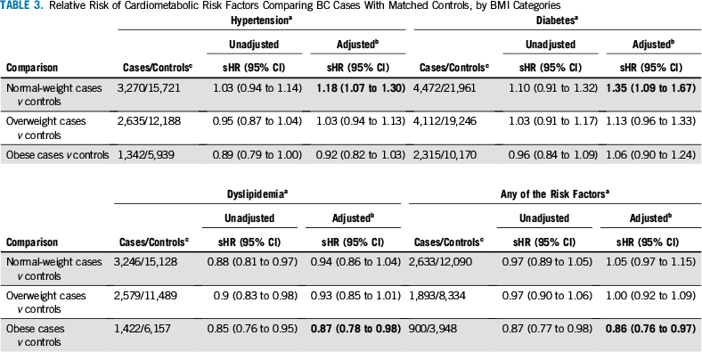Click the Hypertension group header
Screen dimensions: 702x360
tap(261, 20)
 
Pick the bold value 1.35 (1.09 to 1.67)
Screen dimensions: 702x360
tap(652, 88)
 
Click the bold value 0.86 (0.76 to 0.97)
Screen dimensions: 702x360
tap(650, 329)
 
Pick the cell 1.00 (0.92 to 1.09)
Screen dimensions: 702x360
tap(650, 296)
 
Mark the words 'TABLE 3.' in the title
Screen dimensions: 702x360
tap(21, 6)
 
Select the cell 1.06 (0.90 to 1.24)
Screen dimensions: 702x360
tap(652, 155)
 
